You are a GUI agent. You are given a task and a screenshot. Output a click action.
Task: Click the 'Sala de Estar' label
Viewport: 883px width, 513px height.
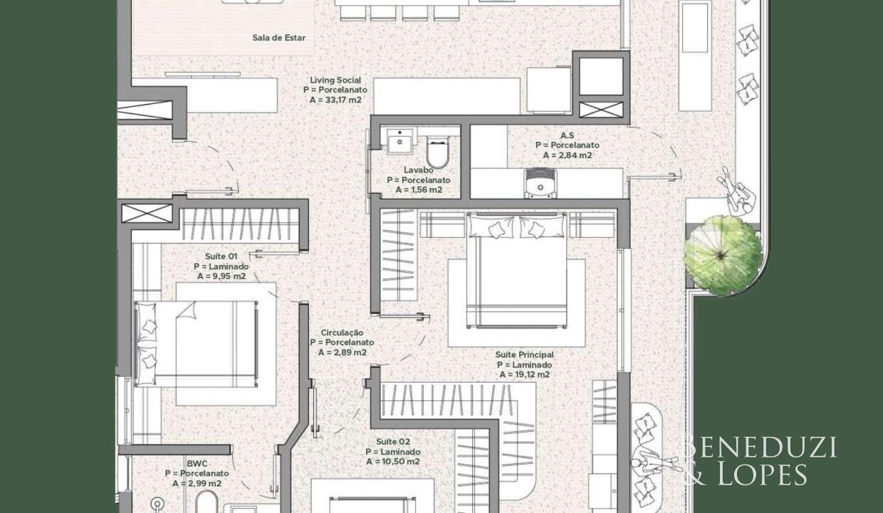pyautogui.click(x=278, y=38)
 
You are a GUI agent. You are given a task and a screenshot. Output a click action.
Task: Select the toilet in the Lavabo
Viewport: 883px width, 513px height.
pyautogui.click(x=437, y=152)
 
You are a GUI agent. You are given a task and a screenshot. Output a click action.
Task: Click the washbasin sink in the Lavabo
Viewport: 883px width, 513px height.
pyautogui.click(x=399, y=141)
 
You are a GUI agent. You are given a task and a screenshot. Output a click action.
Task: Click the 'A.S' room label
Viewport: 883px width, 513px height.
pyautogui.click(x=568, y=135)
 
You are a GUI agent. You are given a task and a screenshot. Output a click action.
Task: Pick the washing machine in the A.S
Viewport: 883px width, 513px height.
pyautogui.click(x=540, y=183)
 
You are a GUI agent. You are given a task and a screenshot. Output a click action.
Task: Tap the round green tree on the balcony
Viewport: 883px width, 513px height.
pyautogui.click(x=723, y=255)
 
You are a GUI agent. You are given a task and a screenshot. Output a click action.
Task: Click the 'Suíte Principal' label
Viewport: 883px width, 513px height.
pyautogui.click(x=524, y=355)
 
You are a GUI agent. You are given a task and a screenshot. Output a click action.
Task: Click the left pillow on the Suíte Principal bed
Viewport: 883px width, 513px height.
pyautogui.click(x=491, y=227)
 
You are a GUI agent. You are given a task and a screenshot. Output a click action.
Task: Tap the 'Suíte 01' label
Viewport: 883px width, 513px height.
pyautogui.click(x=221, y=256)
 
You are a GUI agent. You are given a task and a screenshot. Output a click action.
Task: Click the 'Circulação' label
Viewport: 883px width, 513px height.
pyautogui.click(x=342, y=333)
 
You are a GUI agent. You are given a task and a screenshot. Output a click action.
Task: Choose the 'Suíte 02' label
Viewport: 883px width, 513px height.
pyautogui.click(x=393, y=442)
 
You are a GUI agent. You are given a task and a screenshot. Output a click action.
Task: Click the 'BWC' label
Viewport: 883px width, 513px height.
pyautogui.click(x=197, y=464)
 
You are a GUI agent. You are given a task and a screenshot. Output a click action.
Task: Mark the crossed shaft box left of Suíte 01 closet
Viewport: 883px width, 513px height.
pyautogui.click(x=147, y=213)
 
